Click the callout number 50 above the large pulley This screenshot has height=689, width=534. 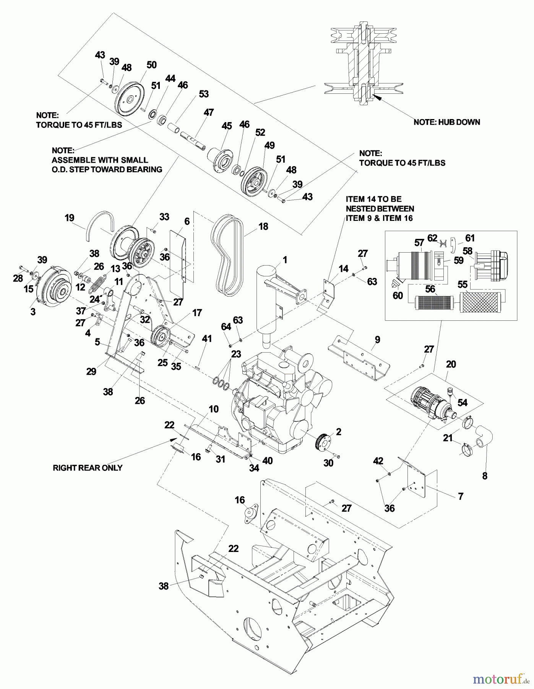151,65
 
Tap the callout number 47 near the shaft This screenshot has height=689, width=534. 208,113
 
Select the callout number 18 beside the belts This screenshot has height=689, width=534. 263,226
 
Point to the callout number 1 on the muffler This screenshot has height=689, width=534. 285,260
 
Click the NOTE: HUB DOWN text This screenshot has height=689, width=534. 446,122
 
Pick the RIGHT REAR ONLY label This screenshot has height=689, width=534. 88,468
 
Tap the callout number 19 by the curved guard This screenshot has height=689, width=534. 69,218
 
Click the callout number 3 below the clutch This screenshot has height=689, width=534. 33,312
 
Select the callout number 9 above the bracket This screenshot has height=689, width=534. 377,339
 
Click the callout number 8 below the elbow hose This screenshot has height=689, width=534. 485,476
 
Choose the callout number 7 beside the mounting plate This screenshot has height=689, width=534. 461,496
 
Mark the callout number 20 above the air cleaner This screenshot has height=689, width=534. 451,364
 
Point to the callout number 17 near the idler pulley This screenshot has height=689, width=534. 197,313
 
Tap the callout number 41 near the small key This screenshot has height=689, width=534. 207,338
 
